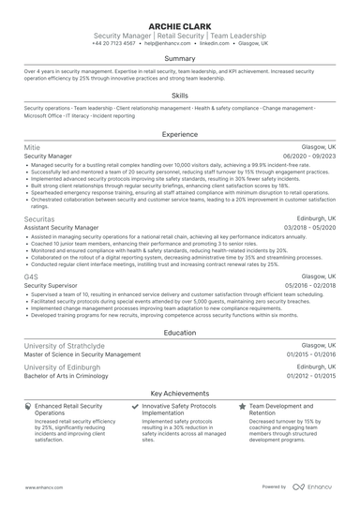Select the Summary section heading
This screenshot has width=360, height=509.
(x=180, y=58)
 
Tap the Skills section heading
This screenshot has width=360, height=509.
(x=180, y=95)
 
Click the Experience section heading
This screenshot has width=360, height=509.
(x=180, y=134)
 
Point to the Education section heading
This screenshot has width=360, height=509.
(x=180, y=333)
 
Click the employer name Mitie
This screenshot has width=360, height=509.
(x=32, y=148)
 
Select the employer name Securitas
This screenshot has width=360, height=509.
(x=39, y=217)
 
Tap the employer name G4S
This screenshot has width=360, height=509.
(x=31, y=277)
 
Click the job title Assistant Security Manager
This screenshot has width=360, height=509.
(x=61, y=226)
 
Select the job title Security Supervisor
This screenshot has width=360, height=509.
(x=51, y=286)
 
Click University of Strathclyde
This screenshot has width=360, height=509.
(x=66, y=346)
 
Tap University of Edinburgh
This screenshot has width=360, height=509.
(x=62, y=368)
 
